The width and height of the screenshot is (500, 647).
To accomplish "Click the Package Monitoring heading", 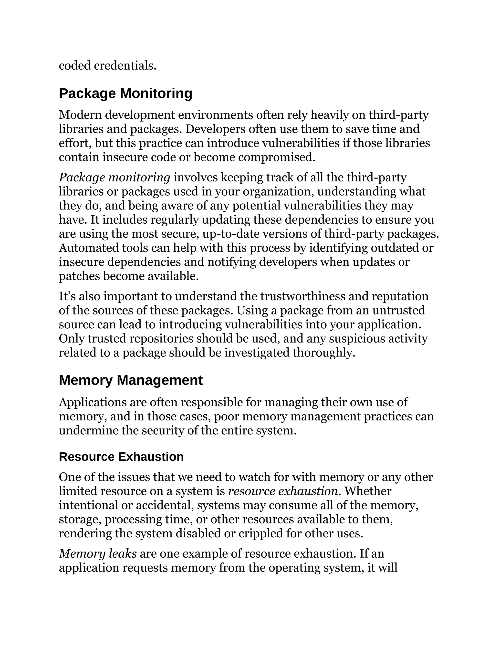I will [x=125, y=94].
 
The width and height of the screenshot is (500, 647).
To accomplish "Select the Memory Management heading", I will [x=131, y=380].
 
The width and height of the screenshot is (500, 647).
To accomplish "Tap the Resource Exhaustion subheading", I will [x=121, y=457].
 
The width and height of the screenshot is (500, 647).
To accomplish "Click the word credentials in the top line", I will [x=125, y=66].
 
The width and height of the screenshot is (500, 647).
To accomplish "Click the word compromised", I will [x=276, y=157].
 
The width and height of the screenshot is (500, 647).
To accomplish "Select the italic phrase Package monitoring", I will [x=114, y=177].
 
